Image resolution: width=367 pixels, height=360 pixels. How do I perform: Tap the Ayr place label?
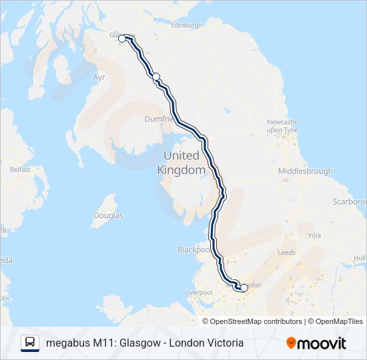pyautogui.click(x=99, y=78)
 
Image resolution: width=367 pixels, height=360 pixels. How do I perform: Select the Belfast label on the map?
pyautogui.click(x=20, y=169)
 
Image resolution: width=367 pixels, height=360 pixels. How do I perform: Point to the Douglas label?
pyautogui.click(x=108, y=216)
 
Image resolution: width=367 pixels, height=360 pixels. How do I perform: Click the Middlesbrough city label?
pyautogui.click(x=305, y=171)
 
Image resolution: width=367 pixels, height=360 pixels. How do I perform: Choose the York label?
pyautogui.click(x=314, y=235)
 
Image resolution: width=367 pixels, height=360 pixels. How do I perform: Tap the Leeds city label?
pyautogui.click(x=286, y=253)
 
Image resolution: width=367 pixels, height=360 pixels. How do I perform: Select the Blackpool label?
pyautogui.click(x=194, y=249)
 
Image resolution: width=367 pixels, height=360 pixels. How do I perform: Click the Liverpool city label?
pyautogui.click(x=198, y=293)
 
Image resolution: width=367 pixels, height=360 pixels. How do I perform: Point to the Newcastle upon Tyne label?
pyautogui.click(x=282, y=126)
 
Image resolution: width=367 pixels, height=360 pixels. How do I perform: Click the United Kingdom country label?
pyautogui.click(x=181, y=163)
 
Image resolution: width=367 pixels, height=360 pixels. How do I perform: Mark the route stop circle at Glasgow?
pyautogui.click(x=123, y=39)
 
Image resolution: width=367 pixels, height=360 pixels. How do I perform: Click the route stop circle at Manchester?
pyautogui.click(x=244, y=288)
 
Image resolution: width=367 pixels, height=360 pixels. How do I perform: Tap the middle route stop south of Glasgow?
pyautogui.click(x=156, y=77)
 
